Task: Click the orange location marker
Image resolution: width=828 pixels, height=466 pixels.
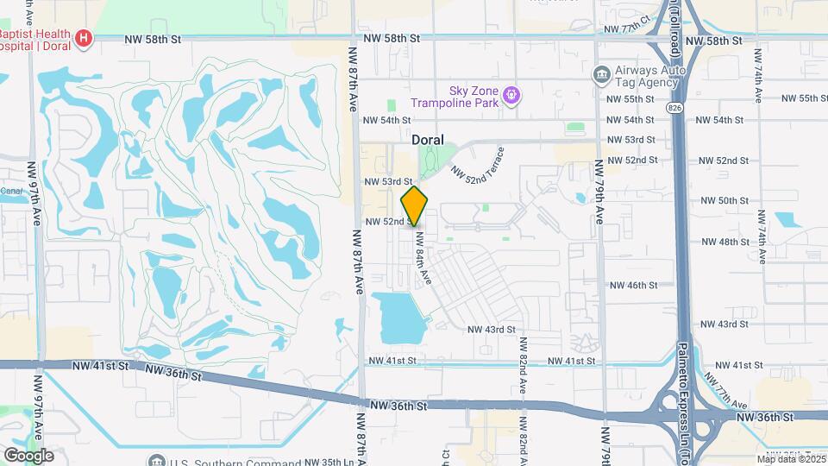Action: click(x=415, y=206)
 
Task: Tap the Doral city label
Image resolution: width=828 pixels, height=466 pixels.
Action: click(x=427, y=139)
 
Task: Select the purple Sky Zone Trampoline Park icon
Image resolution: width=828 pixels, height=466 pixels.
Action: click(x=511, y=93)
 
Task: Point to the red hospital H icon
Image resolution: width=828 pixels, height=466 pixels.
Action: click(x=84, y=38)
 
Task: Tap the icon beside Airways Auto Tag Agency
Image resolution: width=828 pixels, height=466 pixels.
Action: click(x=601, y=75)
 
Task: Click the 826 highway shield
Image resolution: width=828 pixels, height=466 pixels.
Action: click(x=674, y=105)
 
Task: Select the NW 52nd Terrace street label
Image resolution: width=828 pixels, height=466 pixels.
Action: click(x=483, y=164)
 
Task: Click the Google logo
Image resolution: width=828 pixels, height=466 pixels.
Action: click(x=28, y=454)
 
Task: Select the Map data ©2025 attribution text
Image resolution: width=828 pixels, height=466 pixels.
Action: click(x=791, y=459)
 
